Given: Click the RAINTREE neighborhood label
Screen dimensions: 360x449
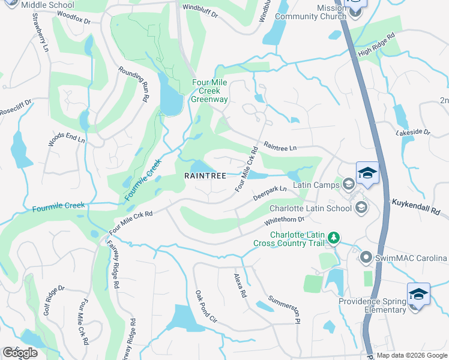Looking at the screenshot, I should tap(205, 176).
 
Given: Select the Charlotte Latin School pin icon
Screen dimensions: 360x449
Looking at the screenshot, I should tap(361, 208).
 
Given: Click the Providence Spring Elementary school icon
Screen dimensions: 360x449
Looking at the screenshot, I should tap(418, 295).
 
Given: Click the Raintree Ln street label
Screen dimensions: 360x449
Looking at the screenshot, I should tap(280, 147).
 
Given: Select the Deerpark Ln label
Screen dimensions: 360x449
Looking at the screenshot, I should tap(270, 193).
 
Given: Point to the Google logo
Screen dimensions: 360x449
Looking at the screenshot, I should tap(20, 353).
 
